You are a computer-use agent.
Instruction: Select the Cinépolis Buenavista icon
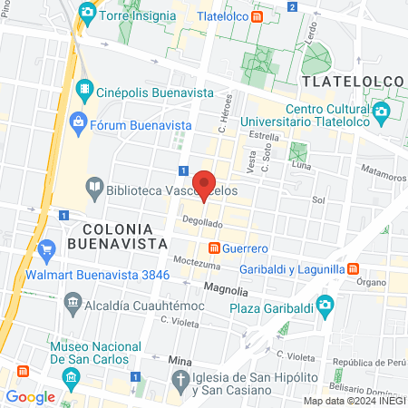coord(84,89)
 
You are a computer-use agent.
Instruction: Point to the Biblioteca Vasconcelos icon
coord(93,189)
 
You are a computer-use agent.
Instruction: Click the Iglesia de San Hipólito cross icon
coord(180,379)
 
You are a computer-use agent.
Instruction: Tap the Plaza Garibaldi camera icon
coord(324,304)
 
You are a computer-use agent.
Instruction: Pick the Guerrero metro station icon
coord(214,248)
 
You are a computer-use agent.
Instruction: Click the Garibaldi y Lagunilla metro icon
coord(353,268)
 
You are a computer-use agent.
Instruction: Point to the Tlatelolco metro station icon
coord(258,16)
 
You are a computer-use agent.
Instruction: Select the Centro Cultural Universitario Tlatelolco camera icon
coord(381,112)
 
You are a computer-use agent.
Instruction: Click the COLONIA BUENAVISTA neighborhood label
coord(117,236)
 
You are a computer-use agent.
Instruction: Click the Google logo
coord(31,396)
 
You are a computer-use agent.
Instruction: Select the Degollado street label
coord(201,222)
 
